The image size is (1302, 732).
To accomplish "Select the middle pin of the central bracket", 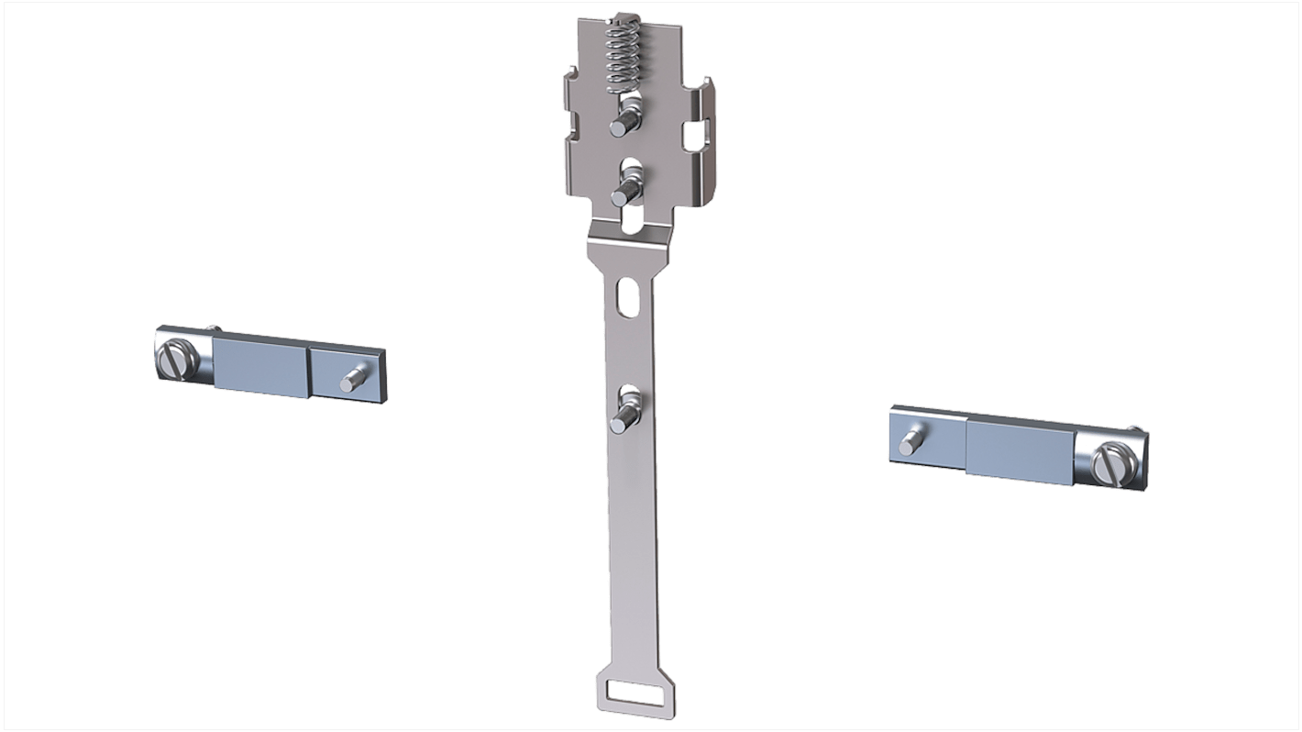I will point(627,189).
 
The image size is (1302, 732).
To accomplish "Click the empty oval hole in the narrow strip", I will point(627,298).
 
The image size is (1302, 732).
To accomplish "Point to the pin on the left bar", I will point(353,379).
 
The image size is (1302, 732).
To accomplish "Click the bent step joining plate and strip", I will point(632,240).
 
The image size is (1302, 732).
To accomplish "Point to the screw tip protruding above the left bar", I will point(214,327).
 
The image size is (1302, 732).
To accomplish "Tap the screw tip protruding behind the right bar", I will point(1137,429).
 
